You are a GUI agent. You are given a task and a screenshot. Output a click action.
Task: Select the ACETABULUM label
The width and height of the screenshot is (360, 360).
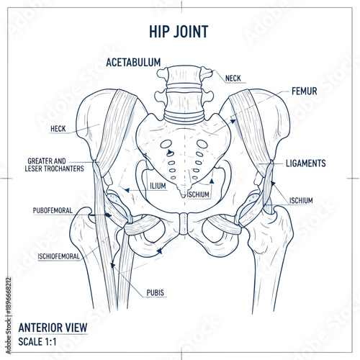pyautogui.click(x=133, y=63)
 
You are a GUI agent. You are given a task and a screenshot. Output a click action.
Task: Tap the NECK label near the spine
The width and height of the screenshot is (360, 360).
pyautogui.click(x=233, y=78)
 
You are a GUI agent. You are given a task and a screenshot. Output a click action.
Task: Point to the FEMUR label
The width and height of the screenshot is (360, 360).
pyautogui.click(x=305, y=92)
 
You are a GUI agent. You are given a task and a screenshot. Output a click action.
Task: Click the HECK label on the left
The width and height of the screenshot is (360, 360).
pyautogui.click(x=58, y=129)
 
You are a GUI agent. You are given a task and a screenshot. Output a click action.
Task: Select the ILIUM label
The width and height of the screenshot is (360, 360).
pyautogui.click(x=158, y=186)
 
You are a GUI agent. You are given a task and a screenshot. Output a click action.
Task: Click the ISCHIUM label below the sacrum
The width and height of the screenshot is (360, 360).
pyautogui.click(x=198, y=194)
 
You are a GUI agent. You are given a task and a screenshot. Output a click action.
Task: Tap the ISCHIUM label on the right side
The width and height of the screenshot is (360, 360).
pyautogui.click(x=301, y=201)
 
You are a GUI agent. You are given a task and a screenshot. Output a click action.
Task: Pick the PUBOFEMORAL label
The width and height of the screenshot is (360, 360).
pyautogui.click(x=55, y=211)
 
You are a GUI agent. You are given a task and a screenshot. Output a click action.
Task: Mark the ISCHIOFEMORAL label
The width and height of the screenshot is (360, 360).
pyautogui.click(x=59, y=256)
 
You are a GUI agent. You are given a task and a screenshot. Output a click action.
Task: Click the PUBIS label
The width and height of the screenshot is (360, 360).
pyautogui.click(x=155, y=292)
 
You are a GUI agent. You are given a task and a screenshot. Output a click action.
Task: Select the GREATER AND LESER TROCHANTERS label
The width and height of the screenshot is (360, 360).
pyautogui.click(x=55, y=164)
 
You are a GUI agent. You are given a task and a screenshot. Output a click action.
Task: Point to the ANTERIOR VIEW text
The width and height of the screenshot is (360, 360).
pyautogui.click(x=53, y=328)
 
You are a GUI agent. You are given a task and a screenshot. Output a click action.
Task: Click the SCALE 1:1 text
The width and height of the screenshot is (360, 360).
pyautogui.click(x=40, y=341)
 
